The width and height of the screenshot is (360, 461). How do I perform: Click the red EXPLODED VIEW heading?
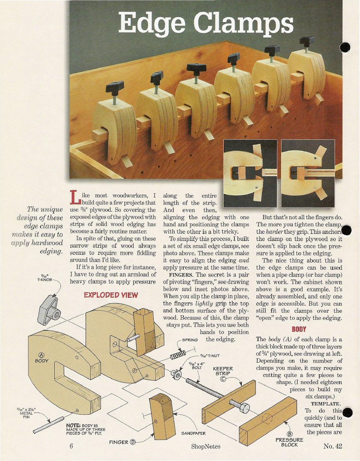[111, 295]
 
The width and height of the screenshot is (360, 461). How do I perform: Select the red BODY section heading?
[299, 329]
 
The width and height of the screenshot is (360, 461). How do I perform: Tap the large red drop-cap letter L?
[75, 197]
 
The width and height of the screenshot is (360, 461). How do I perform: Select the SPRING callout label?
[190, 340]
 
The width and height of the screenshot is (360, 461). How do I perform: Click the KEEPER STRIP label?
[223, 371]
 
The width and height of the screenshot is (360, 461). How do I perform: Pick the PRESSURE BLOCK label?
[289, 442]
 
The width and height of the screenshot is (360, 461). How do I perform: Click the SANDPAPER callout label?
[193, 433]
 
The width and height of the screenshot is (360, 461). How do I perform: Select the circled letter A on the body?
[41, 355]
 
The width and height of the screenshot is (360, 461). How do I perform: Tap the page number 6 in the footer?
[71, 446]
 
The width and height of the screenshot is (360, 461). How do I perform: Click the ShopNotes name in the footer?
[205, 446]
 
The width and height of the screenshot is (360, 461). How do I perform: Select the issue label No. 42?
[333, 446]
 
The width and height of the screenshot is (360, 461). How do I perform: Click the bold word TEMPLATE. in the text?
[326, 404]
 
